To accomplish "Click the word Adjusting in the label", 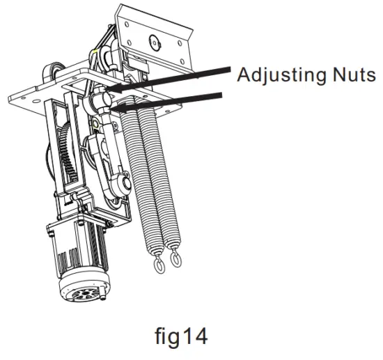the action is pyautogui.click(x=281, y=75).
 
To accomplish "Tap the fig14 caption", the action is pyautogui.click(x=181, y=336).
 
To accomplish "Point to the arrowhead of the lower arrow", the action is pyautogui.click(x=116, y=107).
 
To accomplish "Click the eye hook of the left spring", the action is pyautogui.click(x=159, y=265).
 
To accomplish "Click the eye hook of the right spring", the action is pyautogui.click(x=175, y=258).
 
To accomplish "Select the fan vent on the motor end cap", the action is pyautogui.click(x=84, y=295).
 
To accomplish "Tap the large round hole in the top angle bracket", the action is pyautogui.click(x=155, y=42).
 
